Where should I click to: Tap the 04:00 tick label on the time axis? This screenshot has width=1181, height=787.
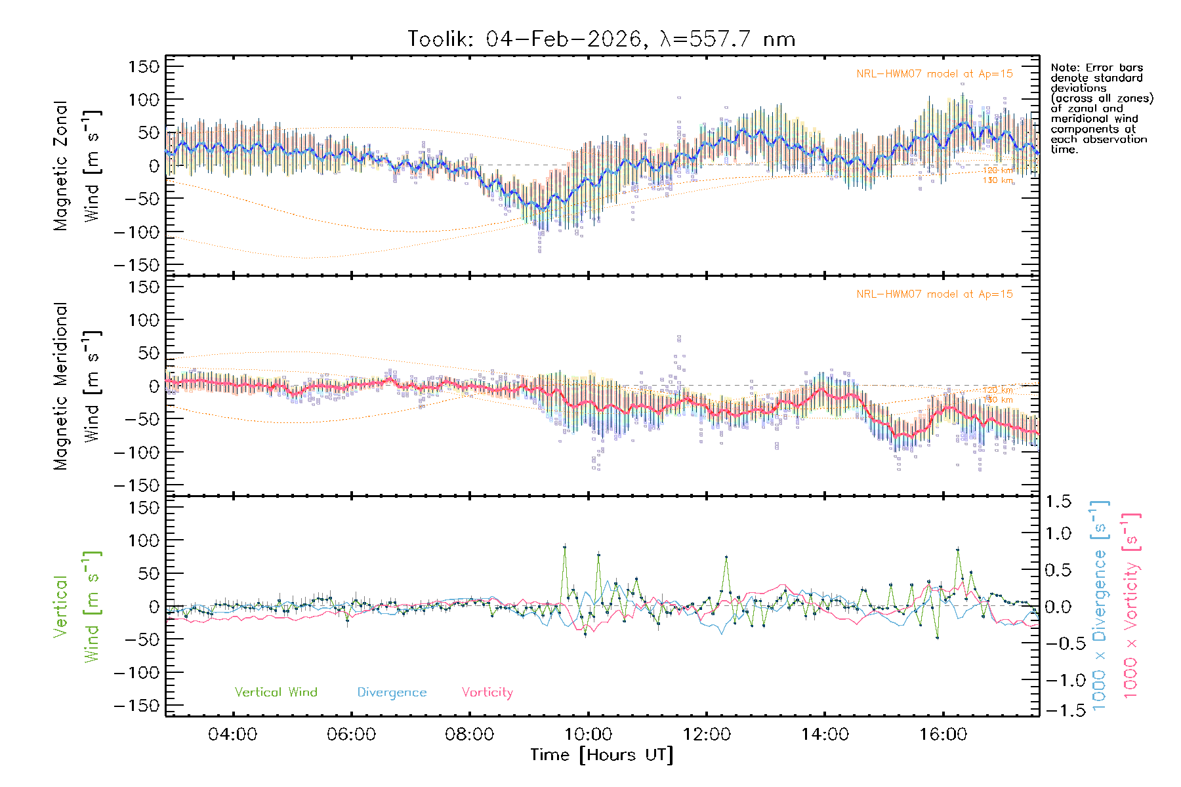coord(232,735)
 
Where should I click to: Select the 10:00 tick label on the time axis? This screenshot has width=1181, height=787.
coord(588,735)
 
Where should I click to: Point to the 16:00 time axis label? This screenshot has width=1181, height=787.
coord(943,735)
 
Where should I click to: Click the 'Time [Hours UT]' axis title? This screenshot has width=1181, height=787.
coord(602,755)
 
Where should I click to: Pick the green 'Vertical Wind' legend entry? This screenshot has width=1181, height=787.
coord(276,693)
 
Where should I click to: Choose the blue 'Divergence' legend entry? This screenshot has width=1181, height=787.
coord(392,693)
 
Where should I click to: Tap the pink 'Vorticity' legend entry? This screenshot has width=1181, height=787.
coord(487,693)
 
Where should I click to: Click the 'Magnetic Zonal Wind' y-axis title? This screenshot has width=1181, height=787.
coord(77,166)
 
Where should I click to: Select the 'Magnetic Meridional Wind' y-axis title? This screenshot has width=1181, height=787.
coord(77,386)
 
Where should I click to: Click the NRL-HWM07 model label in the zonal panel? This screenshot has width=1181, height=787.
coord(934,74)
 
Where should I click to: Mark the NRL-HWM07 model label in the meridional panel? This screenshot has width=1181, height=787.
coord(934,294)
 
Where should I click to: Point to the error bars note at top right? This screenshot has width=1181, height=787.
coord(1101,108)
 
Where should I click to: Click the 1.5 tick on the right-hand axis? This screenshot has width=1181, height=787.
coord(1058,502)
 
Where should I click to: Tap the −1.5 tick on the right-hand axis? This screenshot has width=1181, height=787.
coord(1058,710)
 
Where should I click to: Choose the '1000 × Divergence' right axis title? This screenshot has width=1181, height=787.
coord(1099,605)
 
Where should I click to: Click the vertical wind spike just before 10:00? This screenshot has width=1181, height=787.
coord(564,546)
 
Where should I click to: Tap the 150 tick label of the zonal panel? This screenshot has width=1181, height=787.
coord(144,67)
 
